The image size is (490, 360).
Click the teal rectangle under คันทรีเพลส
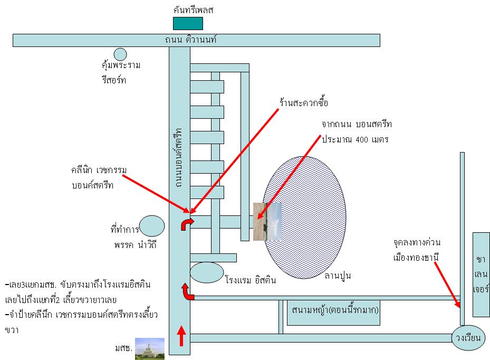tap(188, 23)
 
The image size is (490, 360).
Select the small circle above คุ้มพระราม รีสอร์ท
tap(120, 54)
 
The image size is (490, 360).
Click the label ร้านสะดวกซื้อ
tap(304, 102)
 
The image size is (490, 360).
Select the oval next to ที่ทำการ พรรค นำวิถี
tap(152, 226)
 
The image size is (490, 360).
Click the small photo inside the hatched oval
tap(267, 222)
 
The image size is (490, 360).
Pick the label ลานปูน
tap(338, 276)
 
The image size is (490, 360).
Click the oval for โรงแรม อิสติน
tap(207, 272)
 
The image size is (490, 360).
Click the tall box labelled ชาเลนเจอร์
tap(481, 274)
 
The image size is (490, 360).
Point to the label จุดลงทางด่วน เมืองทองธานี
tap(416, 251)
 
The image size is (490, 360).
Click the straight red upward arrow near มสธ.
tap(181, 336)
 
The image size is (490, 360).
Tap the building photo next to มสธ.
tap(150, 348)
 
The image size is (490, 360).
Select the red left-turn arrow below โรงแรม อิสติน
tap(188, 291)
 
